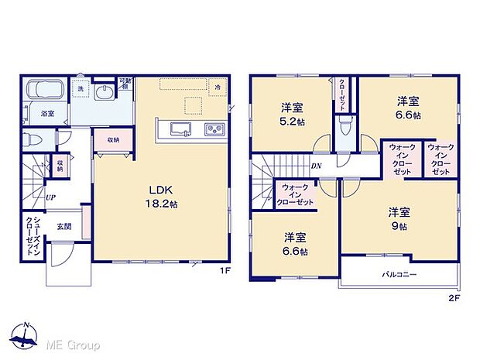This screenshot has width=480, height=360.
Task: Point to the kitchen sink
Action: pos(180,129)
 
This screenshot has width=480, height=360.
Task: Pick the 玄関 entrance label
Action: pos(63,227)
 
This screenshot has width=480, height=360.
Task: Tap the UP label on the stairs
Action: pos(50,197)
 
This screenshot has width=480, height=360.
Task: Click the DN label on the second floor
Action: pos(316,166)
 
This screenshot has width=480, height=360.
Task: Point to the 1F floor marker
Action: pos(225,271)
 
